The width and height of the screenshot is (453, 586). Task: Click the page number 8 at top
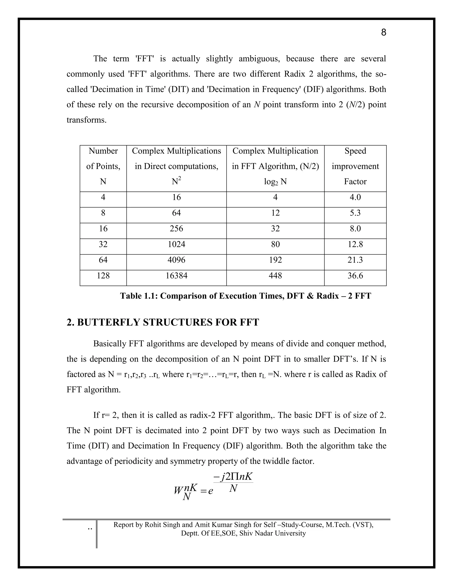tap(384, 33)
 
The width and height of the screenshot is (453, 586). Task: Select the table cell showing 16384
tap(176, 276)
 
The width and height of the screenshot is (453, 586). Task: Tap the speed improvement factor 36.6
tap(355, 276)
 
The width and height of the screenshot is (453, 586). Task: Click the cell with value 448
tap(275, 276)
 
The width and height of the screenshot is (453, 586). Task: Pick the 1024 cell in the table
tap(176, 244)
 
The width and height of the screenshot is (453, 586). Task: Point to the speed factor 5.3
tap(355, 213)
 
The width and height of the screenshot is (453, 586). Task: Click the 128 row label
tap(103, 276)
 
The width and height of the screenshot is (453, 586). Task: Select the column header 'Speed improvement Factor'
tap(355, 166)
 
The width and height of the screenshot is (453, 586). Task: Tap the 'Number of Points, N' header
tap(103, 166)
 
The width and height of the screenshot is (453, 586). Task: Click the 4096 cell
tap(176, 260)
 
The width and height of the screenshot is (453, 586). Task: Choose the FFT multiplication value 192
tap(275, 260)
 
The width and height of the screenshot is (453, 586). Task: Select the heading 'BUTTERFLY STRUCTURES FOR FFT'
tap(168, 322)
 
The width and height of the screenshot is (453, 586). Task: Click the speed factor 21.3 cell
tap(355, 260)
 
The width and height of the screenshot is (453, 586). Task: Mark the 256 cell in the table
tap(176, 229)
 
